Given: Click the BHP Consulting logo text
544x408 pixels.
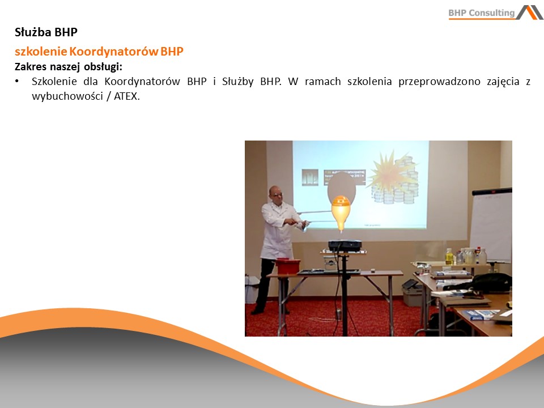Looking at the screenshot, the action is point(482,13).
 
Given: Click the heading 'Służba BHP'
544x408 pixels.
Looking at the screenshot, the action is point(46,32).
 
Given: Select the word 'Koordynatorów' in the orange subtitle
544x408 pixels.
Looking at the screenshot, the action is point(113,52).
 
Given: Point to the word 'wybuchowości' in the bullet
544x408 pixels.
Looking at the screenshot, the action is point(67,96).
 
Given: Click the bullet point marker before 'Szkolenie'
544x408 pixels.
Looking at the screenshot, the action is point(16,82).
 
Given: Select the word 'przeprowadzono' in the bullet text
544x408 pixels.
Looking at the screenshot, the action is point(439,82).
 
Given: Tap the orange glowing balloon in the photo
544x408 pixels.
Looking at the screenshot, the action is point(341,211).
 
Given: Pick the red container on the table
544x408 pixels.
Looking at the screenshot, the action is point(288,266).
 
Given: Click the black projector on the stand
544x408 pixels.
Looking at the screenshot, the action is point(345,245).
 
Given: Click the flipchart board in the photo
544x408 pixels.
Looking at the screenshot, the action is point(491,225).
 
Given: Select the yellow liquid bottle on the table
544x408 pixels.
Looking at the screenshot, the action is point(449,256).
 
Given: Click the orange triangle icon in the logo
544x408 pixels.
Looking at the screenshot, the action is point(534,12).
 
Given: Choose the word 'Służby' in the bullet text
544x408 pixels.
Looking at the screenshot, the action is point(237,82).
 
